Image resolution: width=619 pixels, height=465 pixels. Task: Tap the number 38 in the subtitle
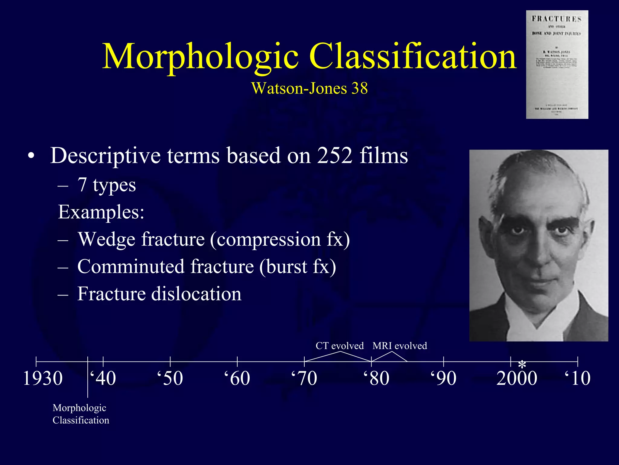pyautogui.click(x=359, y=88)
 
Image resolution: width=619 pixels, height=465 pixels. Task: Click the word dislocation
pyautogui.click(x=196, y=294)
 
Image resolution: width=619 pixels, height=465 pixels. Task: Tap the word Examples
pyautogui.click(x=101, y=212)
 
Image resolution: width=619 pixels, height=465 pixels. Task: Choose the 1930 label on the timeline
pyautogui.click(x=43, y=378)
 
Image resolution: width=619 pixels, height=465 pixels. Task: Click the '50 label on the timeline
pyautogui.click(x=170, y=378)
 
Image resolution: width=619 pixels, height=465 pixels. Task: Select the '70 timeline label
pyautogui.click(x=304, y=378)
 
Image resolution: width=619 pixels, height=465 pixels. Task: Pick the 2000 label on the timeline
pyautogui.click(x=517, y=378)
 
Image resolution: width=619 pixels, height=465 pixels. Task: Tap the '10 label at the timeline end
pyautogui.click(x=577, y=378)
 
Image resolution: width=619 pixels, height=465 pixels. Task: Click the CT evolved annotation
pyautogui.click(x=339, y=346)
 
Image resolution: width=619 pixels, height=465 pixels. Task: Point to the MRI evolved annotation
pyautogui.click(x=400, y=346)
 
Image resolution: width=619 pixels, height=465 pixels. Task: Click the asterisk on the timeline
pyautogui.click(x=522, y=364)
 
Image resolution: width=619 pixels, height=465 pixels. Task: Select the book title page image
pyautogui.click(x=557, y=64)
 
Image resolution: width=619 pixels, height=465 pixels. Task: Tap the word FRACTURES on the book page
pyautogui.click(x=556, y=19)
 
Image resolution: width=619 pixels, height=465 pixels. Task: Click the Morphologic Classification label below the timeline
pyautogui.click(x=81, y=414)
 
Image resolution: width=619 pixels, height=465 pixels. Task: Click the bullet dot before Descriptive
pyautogui.click(x=31, y=157)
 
